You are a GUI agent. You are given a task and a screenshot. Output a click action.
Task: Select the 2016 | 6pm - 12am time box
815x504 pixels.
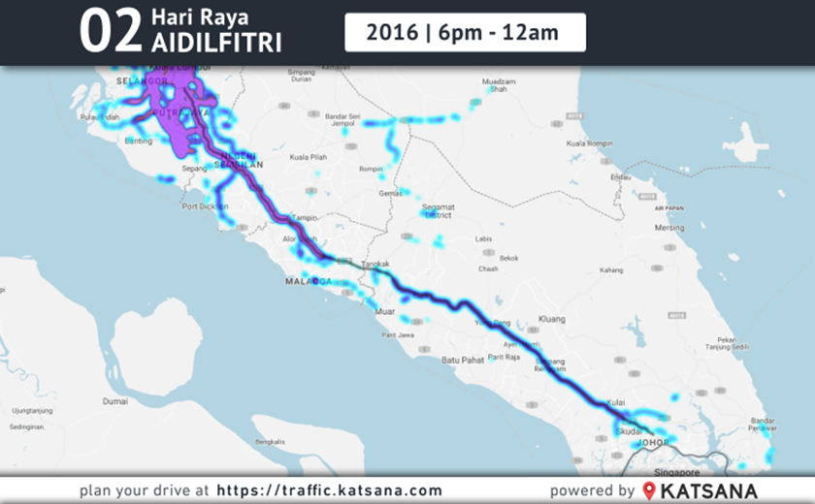click(x=465, y=32)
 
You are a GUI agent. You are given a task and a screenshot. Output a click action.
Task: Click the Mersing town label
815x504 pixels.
click(x=669, y=229)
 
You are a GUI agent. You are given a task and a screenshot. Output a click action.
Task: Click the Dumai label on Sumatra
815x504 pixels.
click(x=115, y=400)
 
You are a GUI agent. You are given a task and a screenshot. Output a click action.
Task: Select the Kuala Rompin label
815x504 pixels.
click(x=591, y=142)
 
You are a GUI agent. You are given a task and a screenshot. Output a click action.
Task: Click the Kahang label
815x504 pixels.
click(x=611, y=270)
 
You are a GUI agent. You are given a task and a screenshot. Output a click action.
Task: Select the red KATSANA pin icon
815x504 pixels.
click(x=649, y=490)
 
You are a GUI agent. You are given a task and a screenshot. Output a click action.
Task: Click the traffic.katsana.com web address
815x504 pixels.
click(x=329, y=490)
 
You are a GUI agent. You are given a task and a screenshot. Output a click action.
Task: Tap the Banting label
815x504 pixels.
click(x=139, y=141)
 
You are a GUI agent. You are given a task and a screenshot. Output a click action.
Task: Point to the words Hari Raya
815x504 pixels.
click(x=200, y=17)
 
